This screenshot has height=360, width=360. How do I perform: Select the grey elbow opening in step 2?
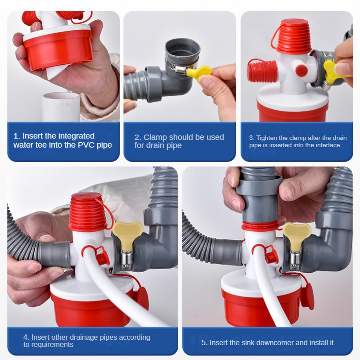183,49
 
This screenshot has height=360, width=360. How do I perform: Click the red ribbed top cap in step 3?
293,37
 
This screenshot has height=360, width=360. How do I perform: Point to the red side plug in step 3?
262,71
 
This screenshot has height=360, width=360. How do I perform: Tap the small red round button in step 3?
301,71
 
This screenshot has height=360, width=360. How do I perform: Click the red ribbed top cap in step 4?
88,211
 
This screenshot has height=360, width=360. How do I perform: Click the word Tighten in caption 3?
265,138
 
